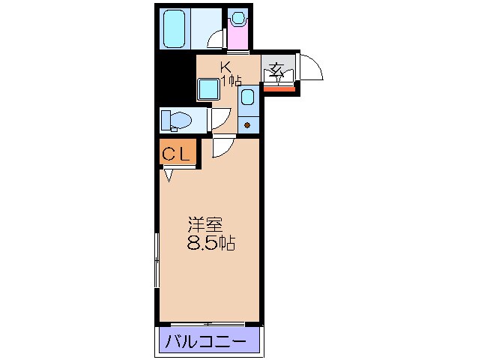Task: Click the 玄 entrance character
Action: click(x=276, y=72)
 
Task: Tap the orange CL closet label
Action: click(x=177, y=154)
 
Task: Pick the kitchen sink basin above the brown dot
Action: click(x=248, y=98)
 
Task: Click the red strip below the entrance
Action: click(x=279, y=90)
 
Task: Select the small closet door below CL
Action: click(x=169, y=175)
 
